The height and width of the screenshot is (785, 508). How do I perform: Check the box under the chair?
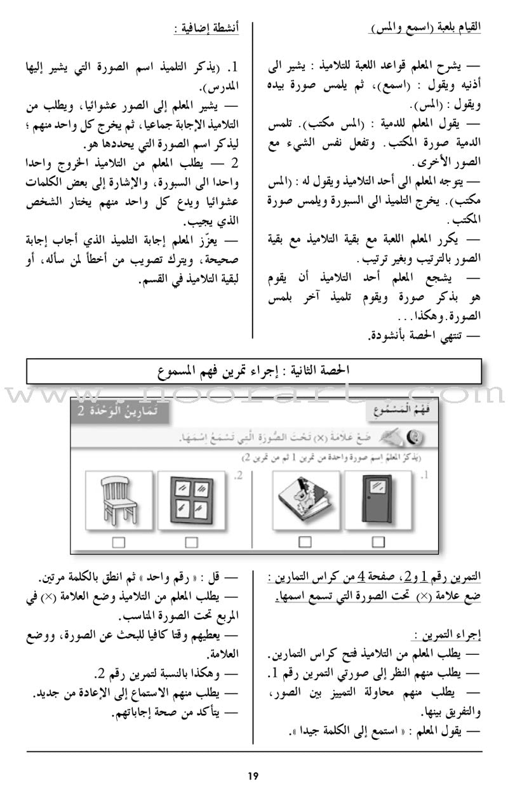[119, 542]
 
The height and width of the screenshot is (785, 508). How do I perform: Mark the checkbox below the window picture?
[191, 542]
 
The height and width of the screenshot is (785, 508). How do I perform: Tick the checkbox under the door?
[378, 542]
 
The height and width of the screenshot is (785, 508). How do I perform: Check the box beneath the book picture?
[305, 542]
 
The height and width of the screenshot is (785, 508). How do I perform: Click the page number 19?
[253, 758]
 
